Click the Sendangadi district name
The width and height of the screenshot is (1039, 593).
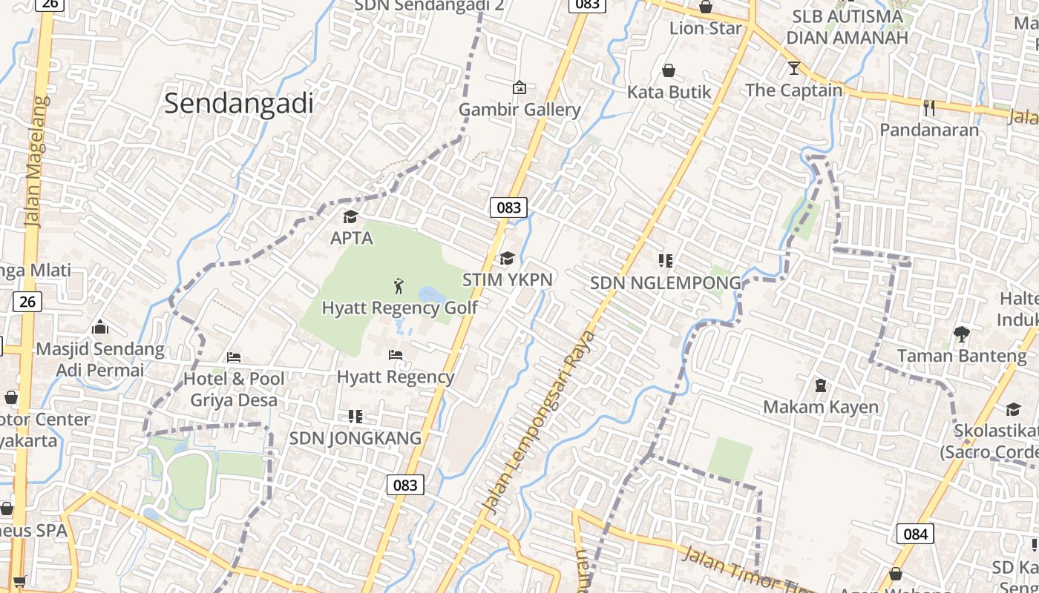(x=239, y=103)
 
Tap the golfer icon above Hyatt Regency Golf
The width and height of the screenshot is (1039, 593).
(x=399, y=285)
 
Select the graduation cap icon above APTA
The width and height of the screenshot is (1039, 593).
(x=350, y=216)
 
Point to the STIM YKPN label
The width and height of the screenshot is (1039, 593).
(x=507, y=279)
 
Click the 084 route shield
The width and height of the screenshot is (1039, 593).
(x=915, y=534)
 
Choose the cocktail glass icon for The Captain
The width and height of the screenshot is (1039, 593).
(x=794, y=68)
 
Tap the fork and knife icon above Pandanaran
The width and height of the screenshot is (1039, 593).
(x=929, y=107)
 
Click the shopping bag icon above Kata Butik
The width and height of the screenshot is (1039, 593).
(x=669, y=70)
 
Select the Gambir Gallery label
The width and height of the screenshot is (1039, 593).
(x=519, y=110)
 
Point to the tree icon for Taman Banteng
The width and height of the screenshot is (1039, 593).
(x=962, y=334)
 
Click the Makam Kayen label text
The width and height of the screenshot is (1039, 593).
(x=820, y=407)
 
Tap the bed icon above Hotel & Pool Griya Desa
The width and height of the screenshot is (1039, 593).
(x=234, y=357)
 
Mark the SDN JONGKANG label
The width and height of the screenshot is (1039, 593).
(x=355, y=438)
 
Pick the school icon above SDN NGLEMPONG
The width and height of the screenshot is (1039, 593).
(x=665, y=261)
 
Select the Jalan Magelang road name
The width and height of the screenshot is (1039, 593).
(x=36, y=159)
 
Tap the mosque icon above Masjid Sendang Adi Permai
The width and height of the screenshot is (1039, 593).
(x=100, y=327)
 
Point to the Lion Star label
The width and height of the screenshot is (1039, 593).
(x=705, y=28)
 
